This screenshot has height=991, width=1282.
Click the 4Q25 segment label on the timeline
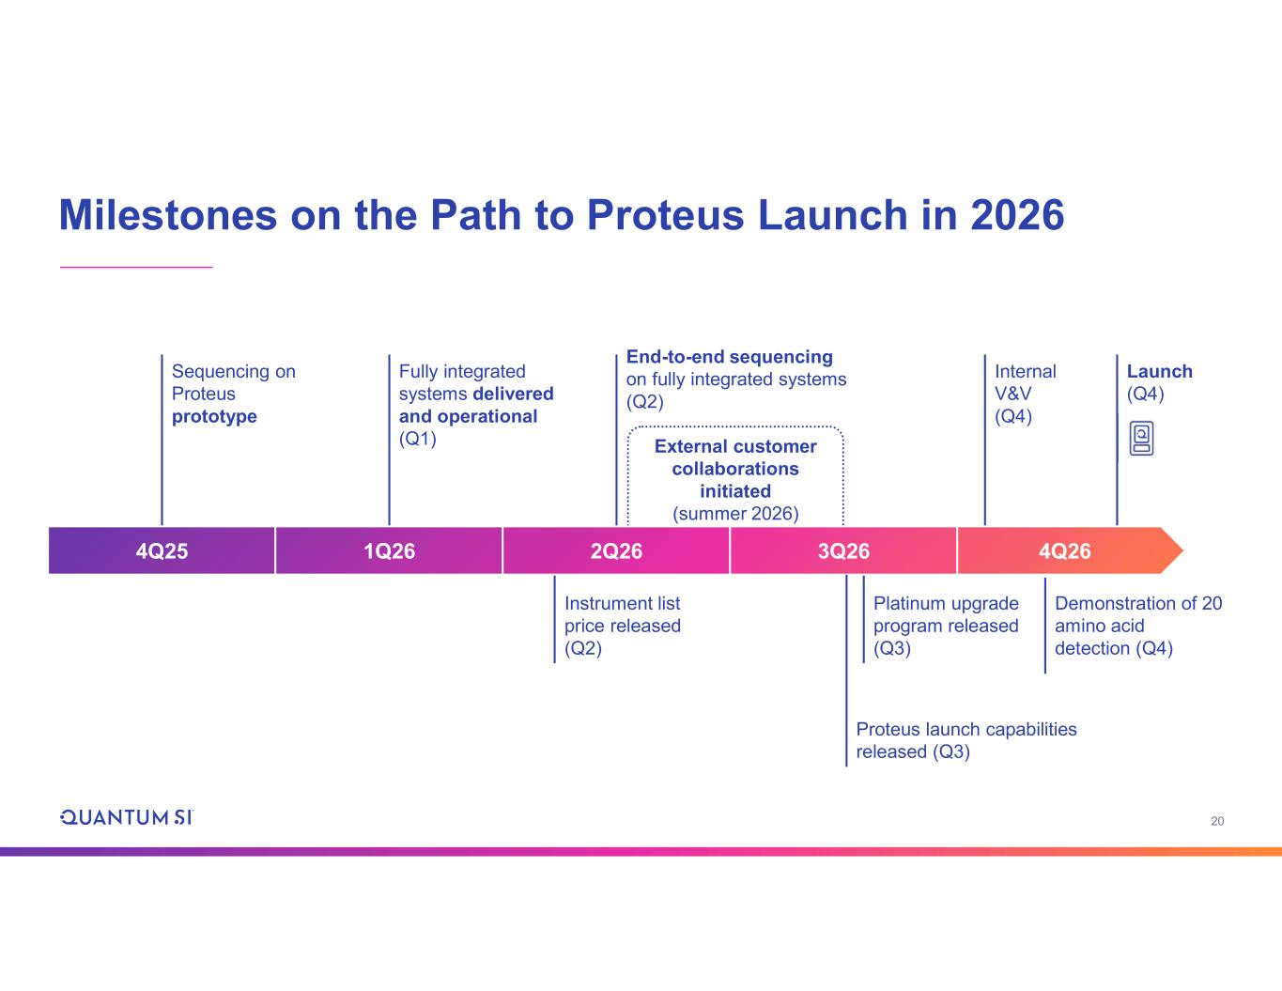(x=162, y=551)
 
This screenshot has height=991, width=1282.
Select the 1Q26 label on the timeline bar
(x=389, y=551)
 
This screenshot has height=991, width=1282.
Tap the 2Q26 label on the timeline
(x=616, y=551)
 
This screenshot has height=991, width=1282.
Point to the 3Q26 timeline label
(x=843, y=551)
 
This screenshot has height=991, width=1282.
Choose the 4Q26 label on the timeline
(x=1064, y=551)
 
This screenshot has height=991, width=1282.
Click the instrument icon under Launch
(x=1141, y=439)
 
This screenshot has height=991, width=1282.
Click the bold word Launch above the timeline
(x=1159, y=371)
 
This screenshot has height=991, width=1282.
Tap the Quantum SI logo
(x=126, y=817)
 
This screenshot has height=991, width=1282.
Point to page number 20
(x=1217, y=821)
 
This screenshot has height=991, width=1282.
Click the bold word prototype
(x=214, y=416)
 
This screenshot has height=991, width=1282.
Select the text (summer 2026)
(x=735, y=513)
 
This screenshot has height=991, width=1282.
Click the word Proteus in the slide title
(x=666, y=215)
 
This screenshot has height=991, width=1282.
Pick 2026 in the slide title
(x=1017, y=215)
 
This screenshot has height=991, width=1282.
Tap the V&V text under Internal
(x=1013, y=394)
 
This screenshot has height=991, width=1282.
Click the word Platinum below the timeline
(x=909, y=603)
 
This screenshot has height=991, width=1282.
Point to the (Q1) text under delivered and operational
(x=417, y=439)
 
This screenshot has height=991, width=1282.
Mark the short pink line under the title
(x=136, y=267)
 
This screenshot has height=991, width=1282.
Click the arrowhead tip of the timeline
(x=1182, y=550)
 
